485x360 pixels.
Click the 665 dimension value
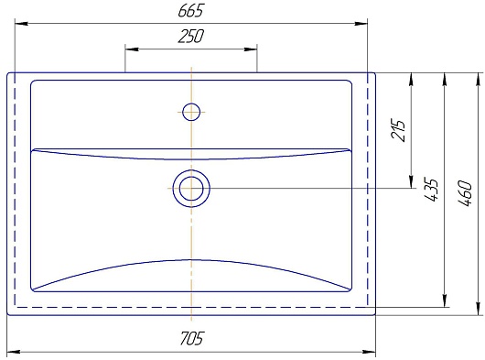(x=191, y=10)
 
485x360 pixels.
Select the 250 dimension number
(x=191, y=36)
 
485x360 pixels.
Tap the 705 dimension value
(x=192, y=338)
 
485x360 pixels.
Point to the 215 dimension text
(x=398, y=130)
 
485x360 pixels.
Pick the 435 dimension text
(x=430, y=190)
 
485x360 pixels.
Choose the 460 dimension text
(x=465, y=193)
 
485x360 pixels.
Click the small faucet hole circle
(x=191, y=112)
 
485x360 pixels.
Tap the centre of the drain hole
(x=191, y=188)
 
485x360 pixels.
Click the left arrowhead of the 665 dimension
(x=21, y=23)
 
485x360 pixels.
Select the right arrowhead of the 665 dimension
(x=361, y=23)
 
